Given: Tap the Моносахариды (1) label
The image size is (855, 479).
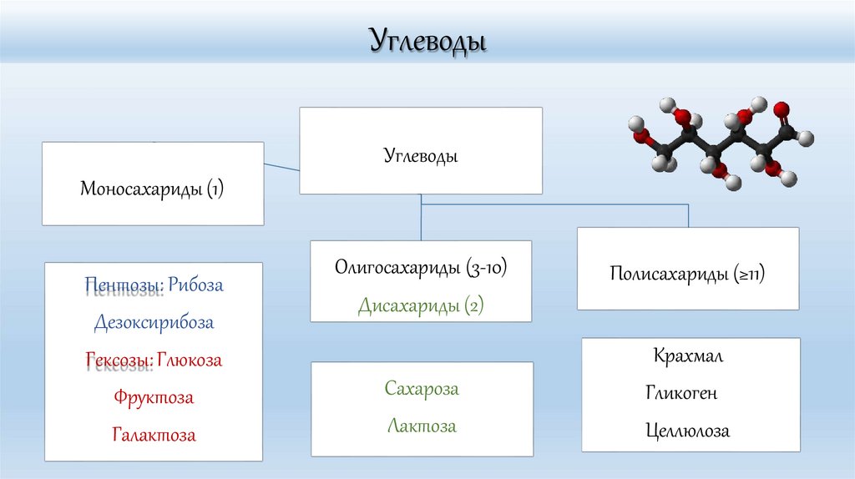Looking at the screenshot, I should (152, 189).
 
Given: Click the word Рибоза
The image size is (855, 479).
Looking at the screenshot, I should (195, 285).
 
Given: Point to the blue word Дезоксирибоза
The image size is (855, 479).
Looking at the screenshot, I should (154, 322).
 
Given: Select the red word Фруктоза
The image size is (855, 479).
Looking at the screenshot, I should (154, 397).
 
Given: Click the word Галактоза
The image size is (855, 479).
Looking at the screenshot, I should (154, 435).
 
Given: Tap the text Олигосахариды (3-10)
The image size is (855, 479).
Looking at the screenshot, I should (421, 269).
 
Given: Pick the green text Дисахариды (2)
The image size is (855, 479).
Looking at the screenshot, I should (421, 305).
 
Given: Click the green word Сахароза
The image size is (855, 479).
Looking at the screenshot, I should (422, 389).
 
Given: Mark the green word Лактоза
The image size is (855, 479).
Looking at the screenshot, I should (422, 426).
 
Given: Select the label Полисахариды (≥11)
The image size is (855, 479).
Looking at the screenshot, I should (688, 274).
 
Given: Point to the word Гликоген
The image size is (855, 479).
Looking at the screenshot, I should (680, 393).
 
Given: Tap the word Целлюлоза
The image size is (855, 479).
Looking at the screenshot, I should (687, 431).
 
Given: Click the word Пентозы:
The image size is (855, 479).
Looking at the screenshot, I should (124, 285).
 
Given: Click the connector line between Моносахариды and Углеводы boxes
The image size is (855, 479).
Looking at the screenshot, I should (281, 167).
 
